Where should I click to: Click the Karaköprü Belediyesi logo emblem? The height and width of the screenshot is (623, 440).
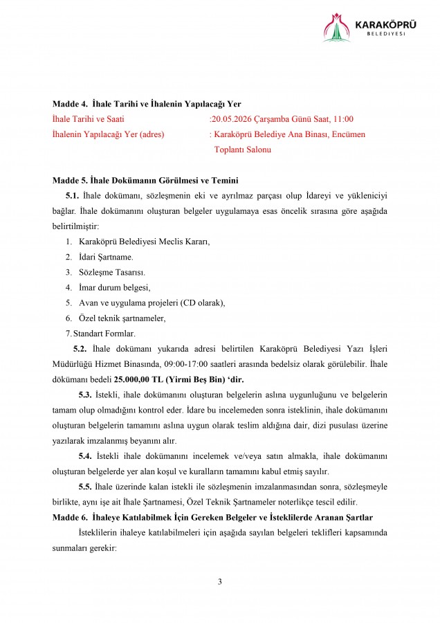click(337, 28)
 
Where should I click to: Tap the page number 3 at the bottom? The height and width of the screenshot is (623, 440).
click(220, 581)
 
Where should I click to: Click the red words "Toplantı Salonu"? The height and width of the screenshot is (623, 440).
click(242, 150)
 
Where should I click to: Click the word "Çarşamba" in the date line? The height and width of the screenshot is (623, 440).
click(272, 119)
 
